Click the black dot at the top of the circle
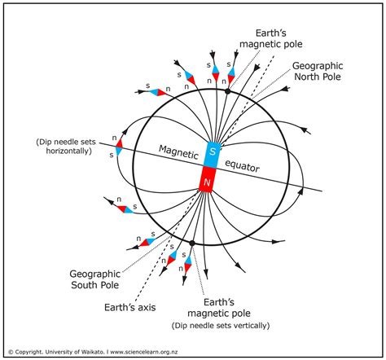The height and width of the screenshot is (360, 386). click(x=227, y=92)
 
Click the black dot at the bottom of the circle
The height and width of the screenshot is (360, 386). click(x=192, y=243)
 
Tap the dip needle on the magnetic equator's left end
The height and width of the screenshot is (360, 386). click(x=119, y=147)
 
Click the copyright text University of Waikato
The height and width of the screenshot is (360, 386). click(x=78, y=352)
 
